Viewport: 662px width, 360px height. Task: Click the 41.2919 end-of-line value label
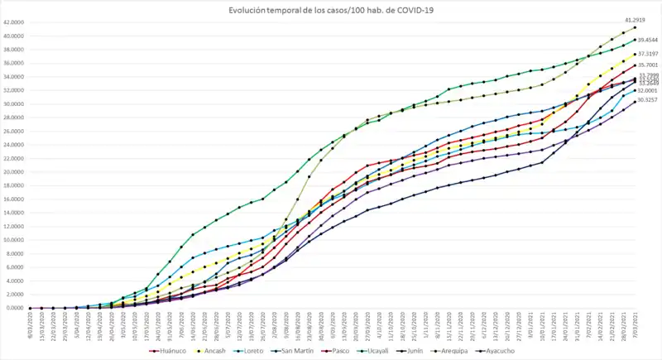(636, 17)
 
